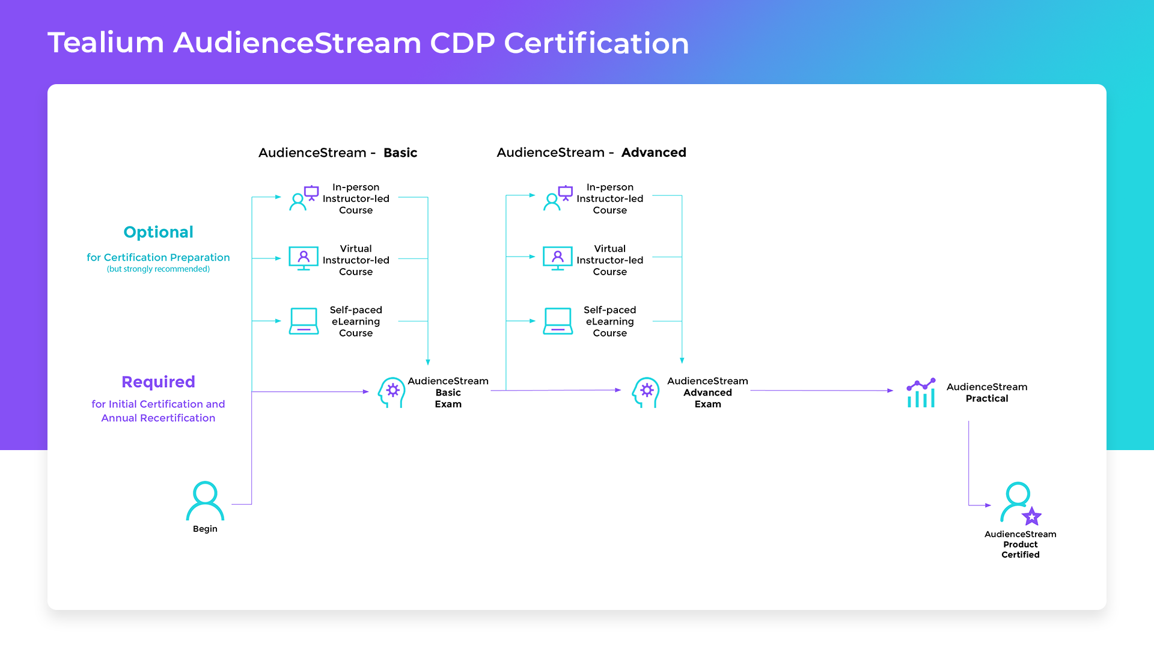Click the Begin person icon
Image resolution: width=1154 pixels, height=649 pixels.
pos(205,501)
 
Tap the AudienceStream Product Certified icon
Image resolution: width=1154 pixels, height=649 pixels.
pos(1020,502)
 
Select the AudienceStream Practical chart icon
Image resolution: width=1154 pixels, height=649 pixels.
pos(921,393)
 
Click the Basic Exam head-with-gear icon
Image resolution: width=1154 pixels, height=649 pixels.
pos(392,392)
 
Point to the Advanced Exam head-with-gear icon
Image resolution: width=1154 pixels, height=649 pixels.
pos(646,392)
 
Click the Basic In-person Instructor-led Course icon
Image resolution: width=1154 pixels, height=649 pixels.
pos(304,198)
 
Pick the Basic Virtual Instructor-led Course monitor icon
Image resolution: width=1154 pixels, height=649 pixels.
pos(304,258)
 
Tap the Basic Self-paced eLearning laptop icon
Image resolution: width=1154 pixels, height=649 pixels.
pos(304,321)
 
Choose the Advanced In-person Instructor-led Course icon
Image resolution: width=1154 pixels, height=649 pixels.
pos(558,198)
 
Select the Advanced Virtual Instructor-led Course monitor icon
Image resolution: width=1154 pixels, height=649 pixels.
pos(558,258)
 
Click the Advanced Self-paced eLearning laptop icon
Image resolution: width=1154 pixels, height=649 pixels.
pos(558,321)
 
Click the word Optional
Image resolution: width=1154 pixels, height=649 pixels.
pos(158,232)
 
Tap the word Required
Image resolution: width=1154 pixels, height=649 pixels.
pos(158,382)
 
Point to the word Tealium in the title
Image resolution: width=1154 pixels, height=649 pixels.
pos(106,43)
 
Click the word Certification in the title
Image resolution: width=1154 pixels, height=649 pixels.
pos(596,43)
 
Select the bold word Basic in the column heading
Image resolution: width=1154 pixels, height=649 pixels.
pos(400,153)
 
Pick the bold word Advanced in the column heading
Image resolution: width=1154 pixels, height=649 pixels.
pos(653,153)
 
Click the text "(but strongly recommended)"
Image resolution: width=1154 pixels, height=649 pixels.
pos(158,269)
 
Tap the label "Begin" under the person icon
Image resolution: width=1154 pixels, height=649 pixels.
pos(205,529)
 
